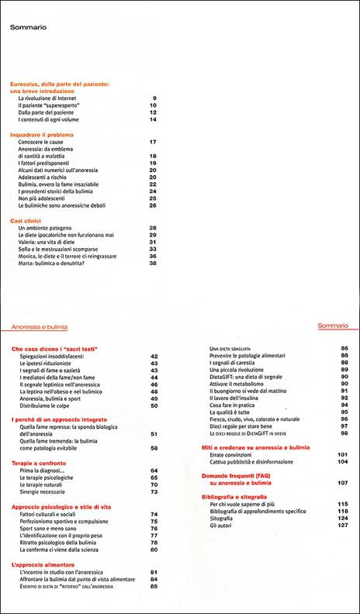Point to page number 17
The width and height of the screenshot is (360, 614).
coord(154,143)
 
